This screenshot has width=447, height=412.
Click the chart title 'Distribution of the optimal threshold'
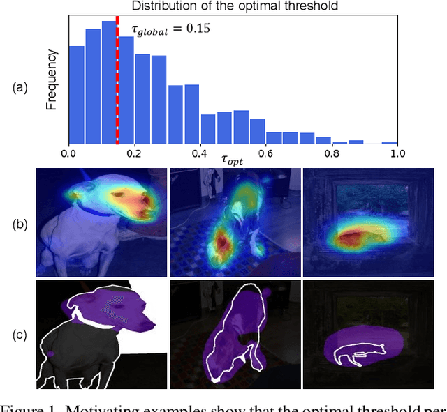click(x=233, y=8)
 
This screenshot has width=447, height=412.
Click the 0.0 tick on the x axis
click(x=68, y=152)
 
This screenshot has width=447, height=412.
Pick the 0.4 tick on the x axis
click(x=200, y=152)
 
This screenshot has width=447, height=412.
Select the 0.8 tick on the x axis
click(x=331, y=152)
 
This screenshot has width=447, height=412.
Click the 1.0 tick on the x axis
click(x=397, y=152)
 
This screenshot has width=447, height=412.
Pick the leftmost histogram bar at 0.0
click(x=76, y=95)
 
